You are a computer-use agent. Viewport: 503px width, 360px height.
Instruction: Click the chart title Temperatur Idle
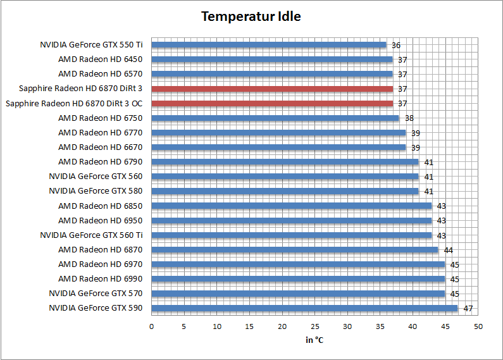[251, 16]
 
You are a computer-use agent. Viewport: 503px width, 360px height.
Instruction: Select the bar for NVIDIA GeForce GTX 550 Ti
[269, 45]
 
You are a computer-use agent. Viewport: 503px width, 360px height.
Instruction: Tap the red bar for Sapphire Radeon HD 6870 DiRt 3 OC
[272, 103]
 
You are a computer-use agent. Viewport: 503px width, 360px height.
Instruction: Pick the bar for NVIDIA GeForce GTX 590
[304, 308]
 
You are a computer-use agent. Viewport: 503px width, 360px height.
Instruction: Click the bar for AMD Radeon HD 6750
[275, 118]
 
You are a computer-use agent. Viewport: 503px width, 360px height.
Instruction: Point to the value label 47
[468, 309]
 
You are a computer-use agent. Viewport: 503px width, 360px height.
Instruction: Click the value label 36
[396, 46]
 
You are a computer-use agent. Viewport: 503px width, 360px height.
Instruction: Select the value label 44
[449, 251]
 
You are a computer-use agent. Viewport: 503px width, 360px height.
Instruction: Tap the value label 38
[409, 118]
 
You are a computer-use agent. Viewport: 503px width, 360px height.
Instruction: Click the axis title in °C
[314, 340]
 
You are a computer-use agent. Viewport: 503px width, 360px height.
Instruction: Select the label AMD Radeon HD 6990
[100, 279]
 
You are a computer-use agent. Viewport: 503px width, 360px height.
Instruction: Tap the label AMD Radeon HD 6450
[100, 59]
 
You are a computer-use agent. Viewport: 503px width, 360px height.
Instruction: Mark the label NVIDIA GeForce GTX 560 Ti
[91, 235]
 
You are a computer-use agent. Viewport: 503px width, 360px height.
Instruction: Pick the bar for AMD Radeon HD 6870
[295, 249]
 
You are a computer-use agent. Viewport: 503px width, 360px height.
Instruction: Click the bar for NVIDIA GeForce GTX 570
[299, 294]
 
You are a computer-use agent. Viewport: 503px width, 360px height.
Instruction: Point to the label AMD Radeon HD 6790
[100, 162]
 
